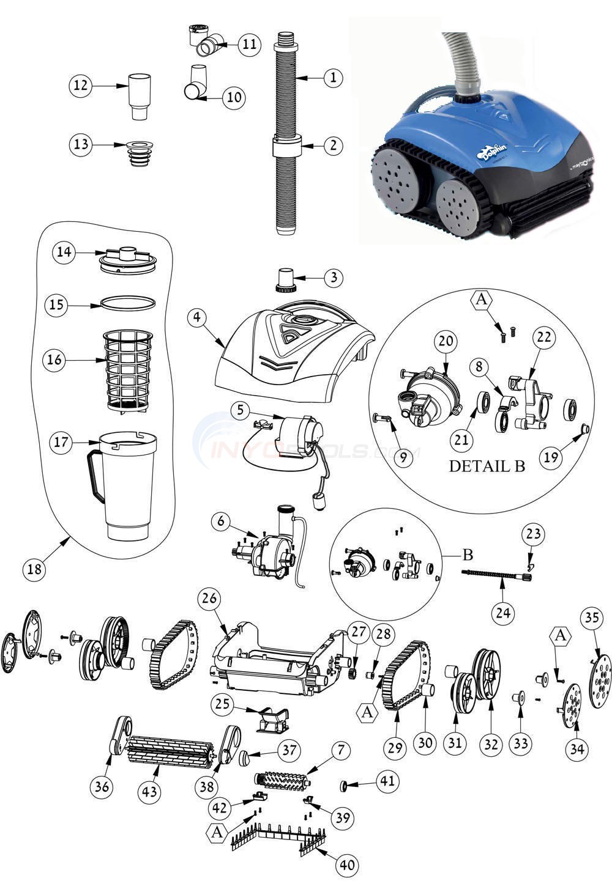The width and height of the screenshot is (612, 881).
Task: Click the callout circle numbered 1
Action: coord(333,78)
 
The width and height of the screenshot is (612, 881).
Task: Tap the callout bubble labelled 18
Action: coord(35,569)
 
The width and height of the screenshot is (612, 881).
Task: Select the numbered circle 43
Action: coord(149,792)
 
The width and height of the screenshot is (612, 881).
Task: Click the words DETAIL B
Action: coord(487,466)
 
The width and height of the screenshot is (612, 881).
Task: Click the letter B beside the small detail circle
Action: coord(467,555)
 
